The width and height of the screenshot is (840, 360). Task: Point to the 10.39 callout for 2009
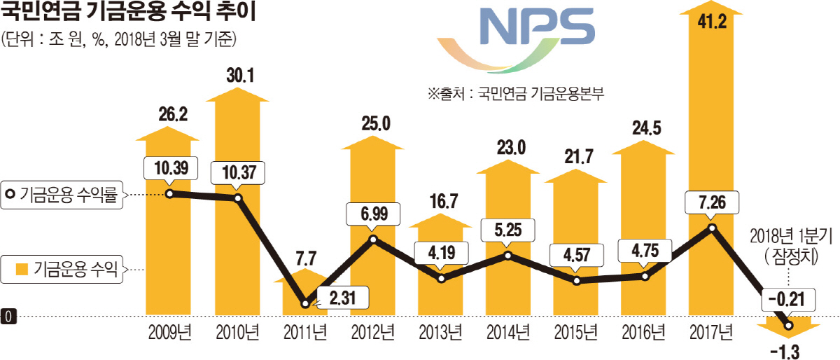click(170, 169)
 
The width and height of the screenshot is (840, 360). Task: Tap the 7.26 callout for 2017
click(712, 202)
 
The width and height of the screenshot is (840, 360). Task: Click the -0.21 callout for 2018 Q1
click(787, 300)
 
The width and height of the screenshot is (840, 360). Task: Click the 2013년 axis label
click(440, 331)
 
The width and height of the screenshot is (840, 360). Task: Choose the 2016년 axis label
click(645, 331)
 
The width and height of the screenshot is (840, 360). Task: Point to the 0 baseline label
click(7, 317)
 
